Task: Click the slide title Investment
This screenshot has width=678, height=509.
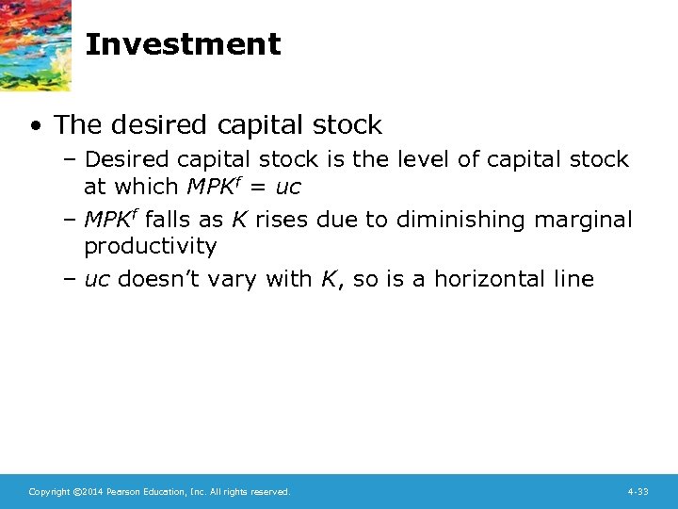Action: [183, 44]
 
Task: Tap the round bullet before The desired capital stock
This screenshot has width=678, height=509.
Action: [35, 125]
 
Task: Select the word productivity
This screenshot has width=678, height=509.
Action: [150, 246]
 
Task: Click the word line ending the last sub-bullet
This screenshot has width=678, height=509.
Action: [573, 279]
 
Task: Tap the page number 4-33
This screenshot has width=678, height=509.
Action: [638, 492]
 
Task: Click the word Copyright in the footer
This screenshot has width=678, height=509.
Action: [46, 492]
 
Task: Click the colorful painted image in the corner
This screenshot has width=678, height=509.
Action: [35, 42]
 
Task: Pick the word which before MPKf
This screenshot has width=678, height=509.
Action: [146, 187]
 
